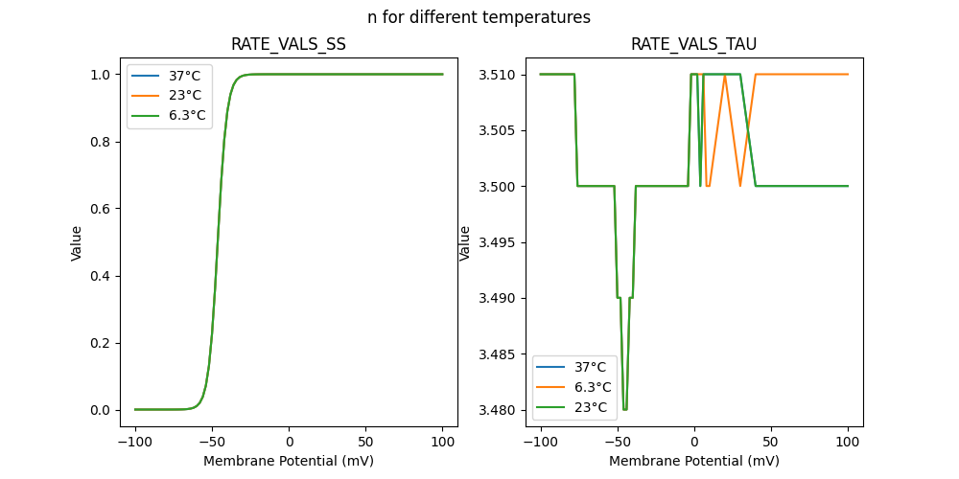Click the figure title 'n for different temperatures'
click(479, 17)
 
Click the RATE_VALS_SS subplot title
click(289, 44)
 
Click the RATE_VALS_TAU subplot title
click(693, 44)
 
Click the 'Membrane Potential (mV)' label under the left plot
click(289, 461)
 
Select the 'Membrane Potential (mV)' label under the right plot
click(693, 461)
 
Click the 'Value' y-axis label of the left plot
click(77, 243)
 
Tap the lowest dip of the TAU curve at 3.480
click(625, 409)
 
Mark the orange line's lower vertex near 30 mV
click(740, 185)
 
